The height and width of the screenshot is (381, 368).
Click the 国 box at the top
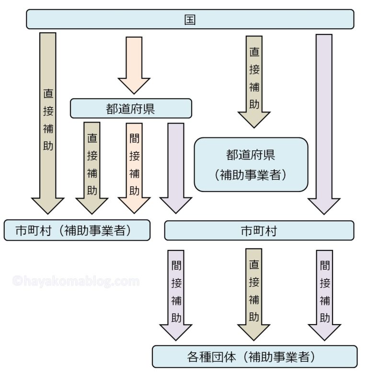tap(190, 20)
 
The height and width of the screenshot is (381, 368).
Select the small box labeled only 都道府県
tap(131, 108)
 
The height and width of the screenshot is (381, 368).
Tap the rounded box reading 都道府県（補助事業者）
tap(251, 164)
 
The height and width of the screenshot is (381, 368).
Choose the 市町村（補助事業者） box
tap(77, 230)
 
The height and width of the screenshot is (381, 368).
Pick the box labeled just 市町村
tap(259, 230)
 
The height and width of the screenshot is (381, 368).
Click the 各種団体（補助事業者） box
tap(254, 357)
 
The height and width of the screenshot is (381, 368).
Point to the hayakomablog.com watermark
tap(76, 281)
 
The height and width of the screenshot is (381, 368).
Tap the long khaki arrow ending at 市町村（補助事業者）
tap(47, 120)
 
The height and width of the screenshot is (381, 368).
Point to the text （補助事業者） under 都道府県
tap(251, 174)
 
